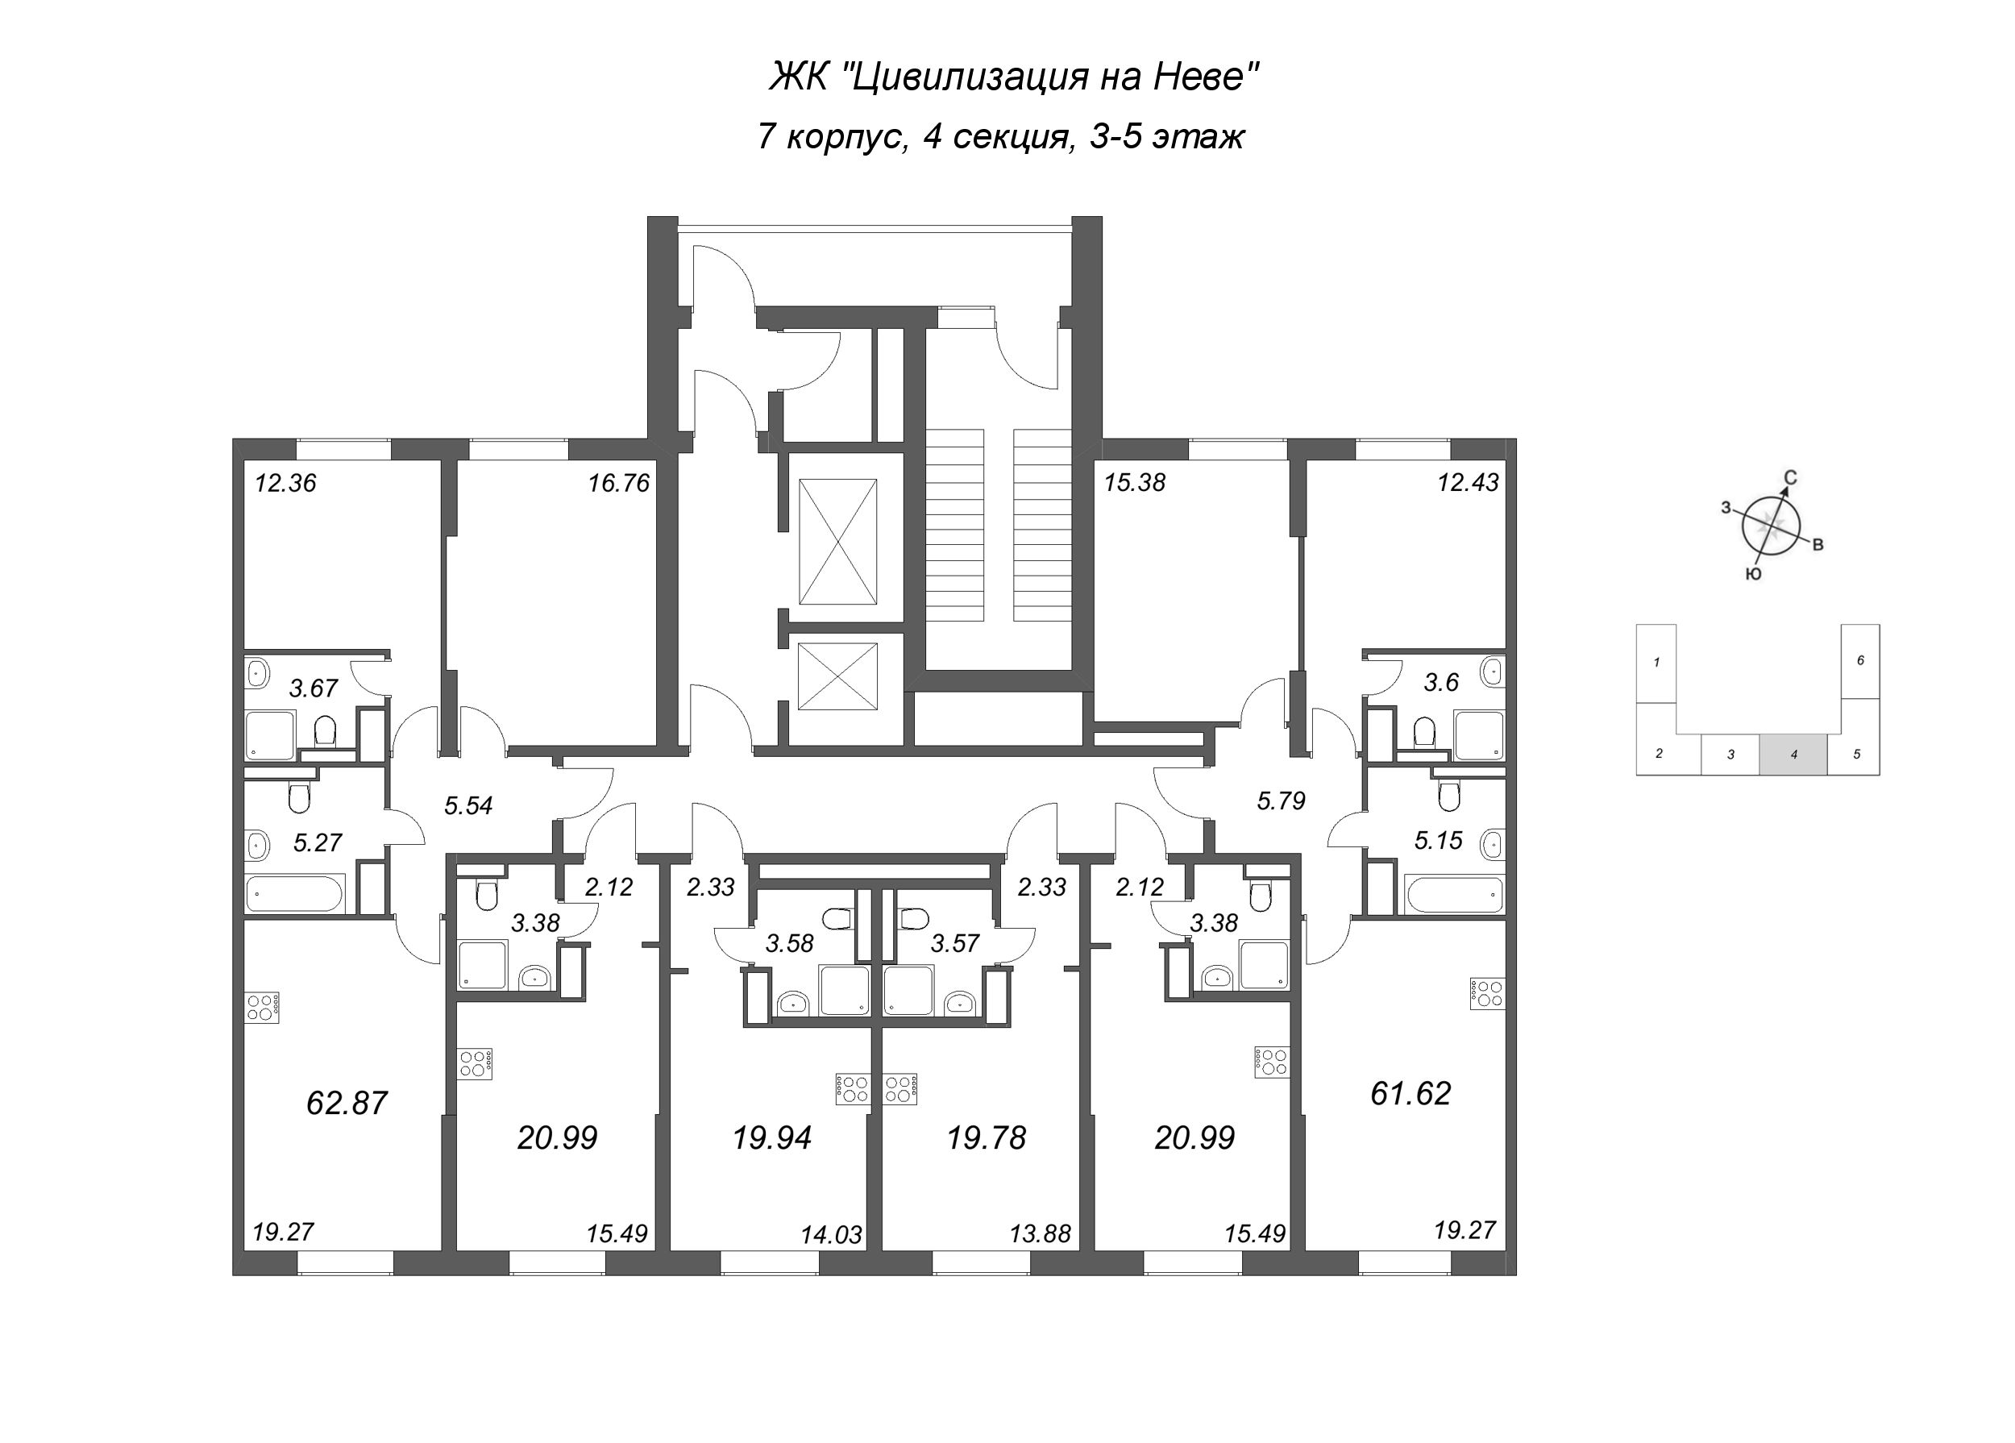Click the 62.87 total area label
(347, 1104)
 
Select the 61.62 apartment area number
(1410, 1093)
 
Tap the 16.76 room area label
(618, 484)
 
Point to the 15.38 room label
(1135, 483)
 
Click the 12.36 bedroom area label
(285, 484)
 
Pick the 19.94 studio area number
(771, 1137)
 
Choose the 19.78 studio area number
(987, 1137)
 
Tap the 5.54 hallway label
(468, 806)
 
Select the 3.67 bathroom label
(314, 688)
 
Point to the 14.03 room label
(832, 1235)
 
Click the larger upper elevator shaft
(837, 541)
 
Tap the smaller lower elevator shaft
(837, 677)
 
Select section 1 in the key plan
(1657, 662)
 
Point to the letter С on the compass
(1791, 478)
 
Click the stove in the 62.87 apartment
(263, 1006)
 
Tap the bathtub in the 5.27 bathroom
(294, 893)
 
